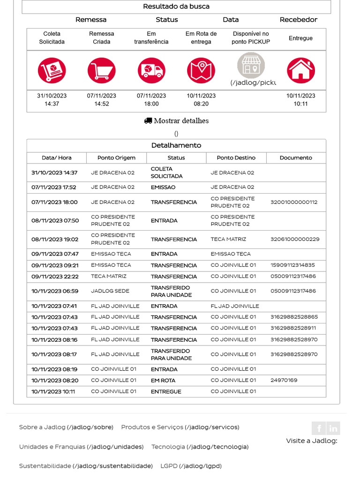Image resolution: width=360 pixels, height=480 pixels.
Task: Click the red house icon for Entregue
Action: coord(300,71)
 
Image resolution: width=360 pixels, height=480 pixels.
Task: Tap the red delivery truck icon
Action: coord(151,71)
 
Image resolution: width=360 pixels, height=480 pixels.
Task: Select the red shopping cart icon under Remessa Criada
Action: coord(101,71)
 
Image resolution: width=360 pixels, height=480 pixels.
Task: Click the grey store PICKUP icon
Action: coord(251,65)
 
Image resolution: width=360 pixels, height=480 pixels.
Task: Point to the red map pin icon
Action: coord(201,71)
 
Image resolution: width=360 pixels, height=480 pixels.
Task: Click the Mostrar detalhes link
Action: coord(176,121)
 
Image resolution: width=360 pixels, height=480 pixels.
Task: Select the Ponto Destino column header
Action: coord(236,158)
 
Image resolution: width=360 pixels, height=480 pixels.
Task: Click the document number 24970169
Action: coord(284,380)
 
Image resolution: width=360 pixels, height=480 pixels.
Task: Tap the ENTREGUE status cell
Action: coord(166,391)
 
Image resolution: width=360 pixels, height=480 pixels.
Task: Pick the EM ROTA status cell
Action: coord(163,381)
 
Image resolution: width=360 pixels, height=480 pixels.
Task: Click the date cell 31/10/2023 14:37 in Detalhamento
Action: coord(54,172)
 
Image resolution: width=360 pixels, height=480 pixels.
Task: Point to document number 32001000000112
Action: coord(294,202)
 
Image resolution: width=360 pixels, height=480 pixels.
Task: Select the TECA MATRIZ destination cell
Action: coord(228,239)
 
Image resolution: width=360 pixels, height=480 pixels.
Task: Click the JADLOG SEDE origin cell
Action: coord(110,291)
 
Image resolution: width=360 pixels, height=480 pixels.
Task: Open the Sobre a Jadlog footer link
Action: coord(66,427)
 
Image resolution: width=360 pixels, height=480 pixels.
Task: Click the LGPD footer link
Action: coord(191,466)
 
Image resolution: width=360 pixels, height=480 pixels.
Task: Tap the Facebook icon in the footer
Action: coord(319,428)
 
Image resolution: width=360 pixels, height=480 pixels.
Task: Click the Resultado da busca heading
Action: coord(176,7)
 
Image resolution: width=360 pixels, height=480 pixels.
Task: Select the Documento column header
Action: coord(296,158)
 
